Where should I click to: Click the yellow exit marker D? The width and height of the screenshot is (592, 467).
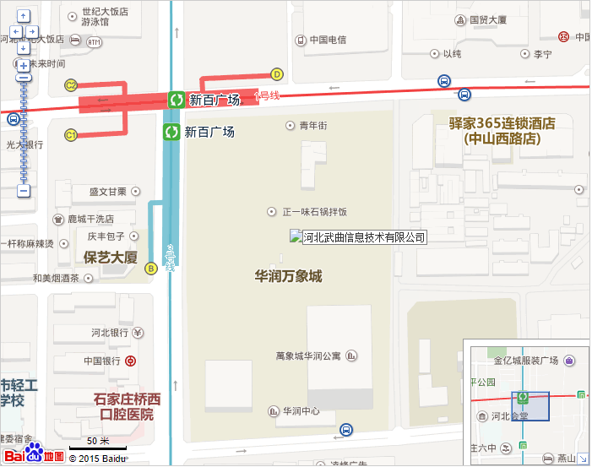[x=276, y=73]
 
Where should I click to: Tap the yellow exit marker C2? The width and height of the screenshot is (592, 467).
[x=71, y=85]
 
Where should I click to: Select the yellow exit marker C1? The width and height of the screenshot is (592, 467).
[x=71, y=135]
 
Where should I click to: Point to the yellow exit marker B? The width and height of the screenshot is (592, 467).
[x=151, y=269]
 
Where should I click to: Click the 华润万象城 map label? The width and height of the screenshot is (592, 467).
[x=289, y=276]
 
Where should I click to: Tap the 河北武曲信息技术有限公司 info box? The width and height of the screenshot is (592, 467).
[x=358, y=237]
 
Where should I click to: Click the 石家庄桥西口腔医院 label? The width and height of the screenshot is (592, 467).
[x=127, y=406]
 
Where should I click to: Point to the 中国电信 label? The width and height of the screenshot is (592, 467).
[x=328, y=40]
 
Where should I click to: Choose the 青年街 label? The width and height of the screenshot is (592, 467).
[x=312, y=125]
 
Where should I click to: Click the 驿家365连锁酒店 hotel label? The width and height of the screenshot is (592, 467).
[x=502, y=131]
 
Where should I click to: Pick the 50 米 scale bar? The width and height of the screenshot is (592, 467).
[x=98, y=443]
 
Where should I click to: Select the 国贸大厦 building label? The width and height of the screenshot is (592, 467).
[x=487, y=19]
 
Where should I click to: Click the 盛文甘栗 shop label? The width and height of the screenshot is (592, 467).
[x=107, y=192]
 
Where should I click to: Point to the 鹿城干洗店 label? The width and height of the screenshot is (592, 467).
[x=96, y=219]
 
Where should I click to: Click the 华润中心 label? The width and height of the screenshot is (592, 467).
[x=301, y=411]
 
